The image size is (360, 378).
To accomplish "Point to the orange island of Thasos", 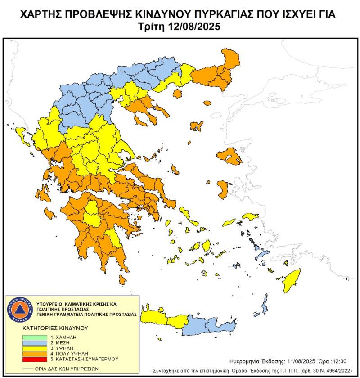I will [x=177, y=94].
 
